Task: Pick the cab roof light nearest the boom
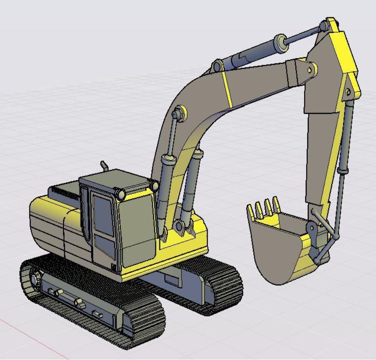pyautogui.click(x=154, y=186)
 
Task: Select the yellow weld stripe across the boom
pyautogui.click(x=227, y=88)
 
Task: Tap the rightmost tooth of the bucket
pyautogui.click(x=277, y=202)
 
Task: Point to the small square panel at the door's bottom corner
pyautogui.click(x=114, y=268)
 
